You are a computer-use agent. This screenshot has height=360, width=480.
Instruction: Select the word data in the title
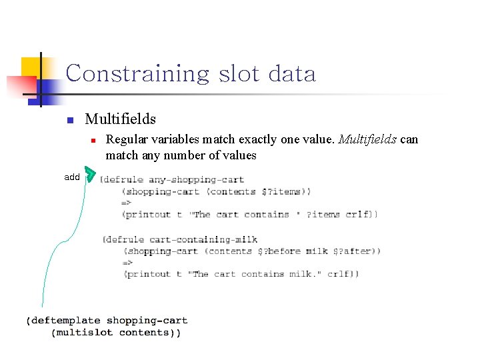pyautogui.click(x=291, y=73)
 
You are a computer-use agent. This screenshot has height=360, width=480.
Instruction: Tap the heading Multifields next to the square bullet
pyautogui.click(x=121, y=119)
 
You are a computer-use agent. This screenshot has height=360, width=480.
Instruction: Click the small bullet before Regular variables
pyautogui.click(x=94, y=140)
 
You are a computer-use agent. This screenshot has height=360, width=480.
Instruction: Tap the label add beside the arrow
pyautogui.click(x=72, y=177)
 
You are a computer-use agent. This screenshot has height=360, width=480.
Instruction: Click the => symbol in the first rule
pyautogui.click(x=127, y=203)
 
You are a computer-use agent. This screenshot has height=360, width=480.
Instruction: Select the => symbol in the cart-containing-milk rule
pyautogui.click(x=129, y=263)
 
